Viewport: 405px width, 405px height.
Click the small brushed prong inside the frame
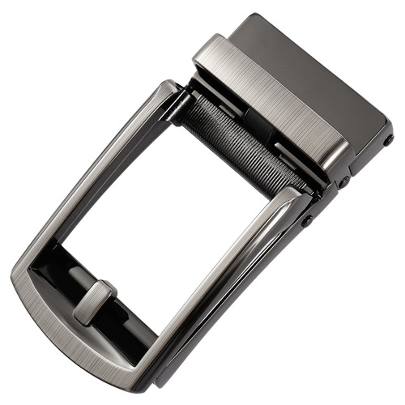pyautogui.click(x=95, y=302)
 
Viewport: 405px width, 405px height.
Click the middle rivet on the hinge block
pyautogui.click(x=343, y=181)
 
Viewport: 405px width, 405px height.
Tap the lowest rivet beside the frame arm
pyautogui.click(x=308, y=220)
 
